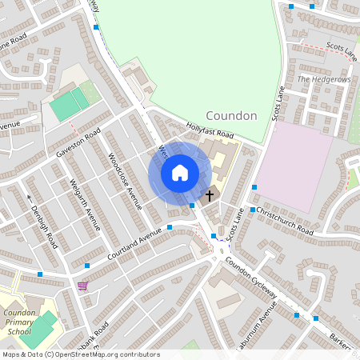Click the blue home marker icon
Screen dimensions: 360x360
[180, 173]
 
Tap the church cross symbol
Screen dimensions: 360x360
[210, 195]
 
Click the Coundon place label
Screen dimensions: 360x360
[231, 115]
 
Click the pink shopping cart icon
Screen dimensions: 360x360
[82, 285]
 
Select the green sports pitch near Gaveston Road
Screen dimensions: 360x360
[70, 105]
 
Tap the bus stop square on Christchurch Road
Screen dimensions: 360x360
[252, 210]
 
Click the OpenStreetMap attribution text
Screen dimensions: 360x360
[80, 354]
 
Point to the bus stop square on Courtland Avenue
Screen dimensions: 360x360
[170, 228]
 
